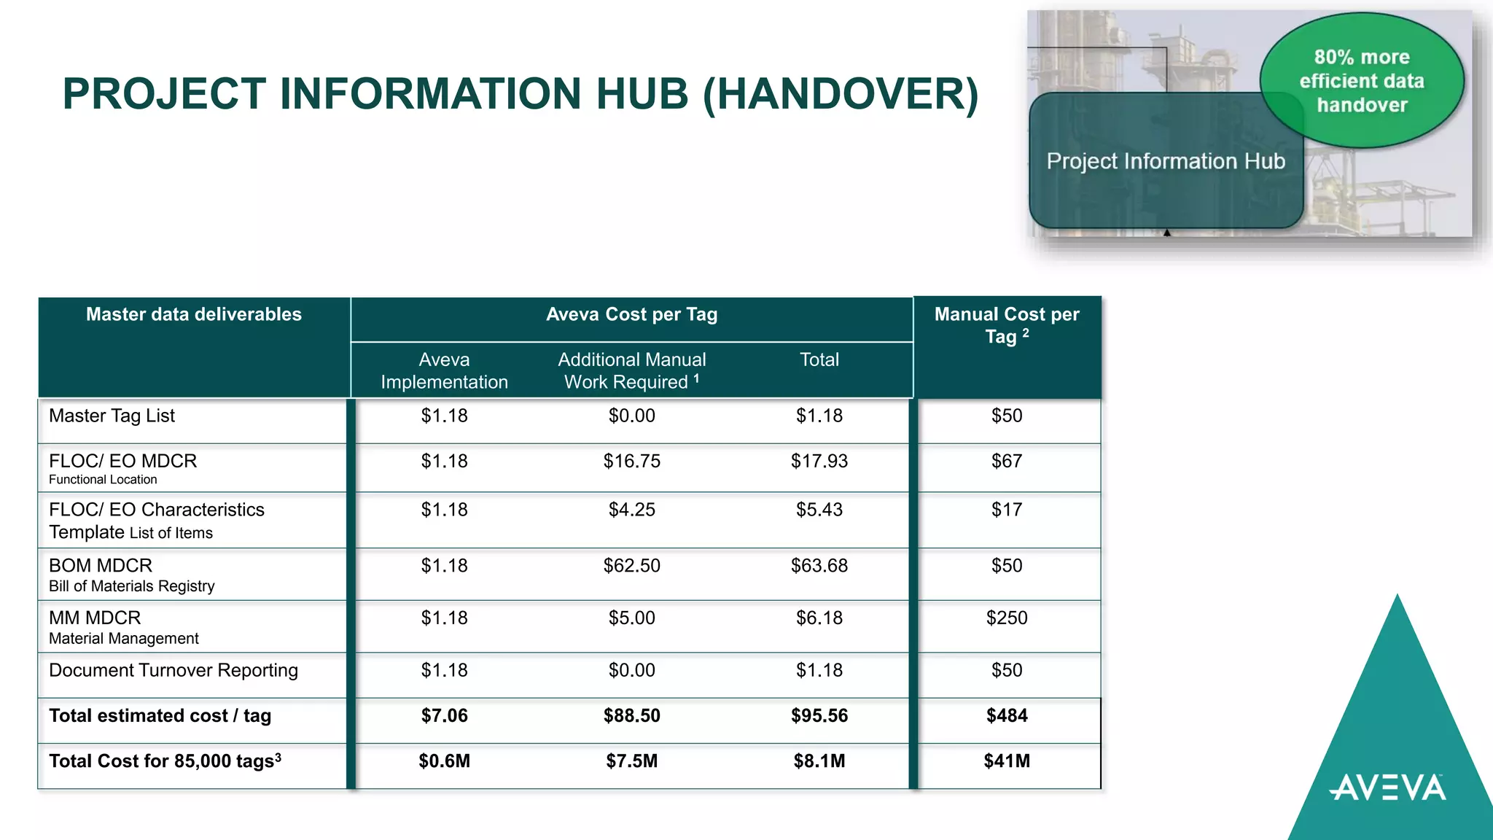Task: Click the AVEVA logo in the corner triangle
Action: (x=1387, y=788)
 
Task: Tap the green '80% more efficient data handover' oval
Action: (x=1361, y=80)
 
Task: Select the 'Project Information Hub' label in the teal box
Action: (x=1166, y=161)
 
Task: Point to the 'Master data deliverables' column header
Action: (x=193, y=314)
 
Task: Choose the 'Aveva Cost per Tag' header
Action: (x=631, y=314)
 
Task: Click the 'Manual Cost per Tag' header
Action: (x=1007, y=325)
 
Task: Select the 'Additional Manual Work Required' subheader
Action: (x=631, y=370)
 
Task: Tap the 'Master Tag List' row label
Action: (x=112, y=416)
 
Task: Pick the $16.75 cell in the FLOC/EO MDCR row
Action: (x=631, y=461)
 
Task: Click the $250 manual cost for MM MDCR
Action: (x=1007, y=618)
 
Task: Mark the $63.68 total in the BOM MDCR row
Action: (x=819, y=566)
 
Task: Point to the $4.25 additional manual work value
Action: (x=631, y=510)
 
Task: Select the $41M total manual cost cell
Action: (x=1007, y=761)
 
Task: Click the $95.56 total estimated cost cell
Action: (x=819, y=716)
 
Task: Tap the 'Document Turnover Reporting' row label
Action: (x=174, y=670)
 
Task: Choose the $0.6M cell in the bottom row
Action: (x=444, y=761)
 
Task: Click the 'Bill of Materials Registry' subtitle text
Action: (x=132, y=586)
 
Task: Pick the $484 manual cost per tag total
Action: (x=1007, y=716)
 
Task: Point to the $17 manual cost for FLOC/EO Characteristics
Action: (x=1007, y=510)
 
